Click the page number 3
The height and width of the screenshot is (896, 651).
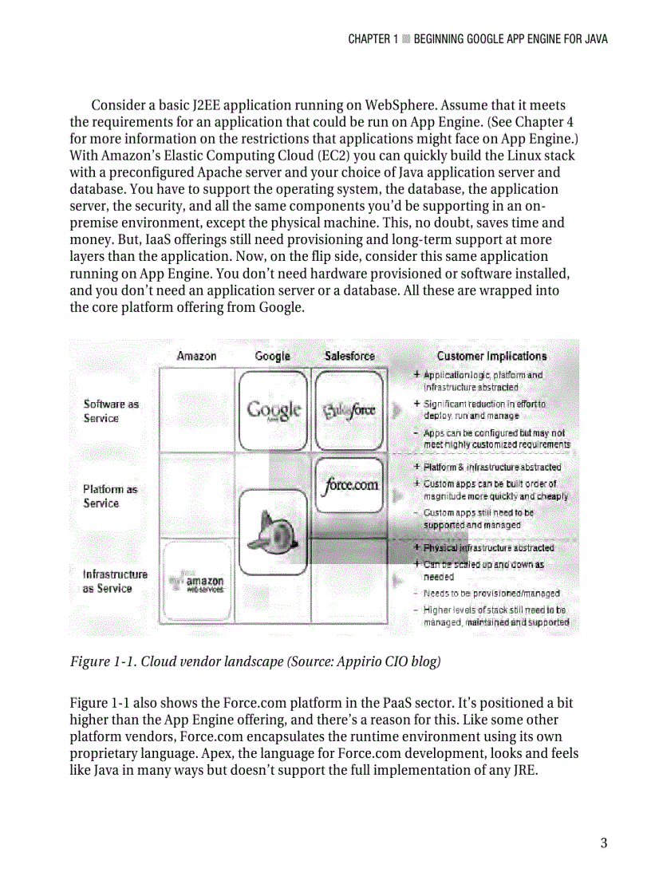(604, 843)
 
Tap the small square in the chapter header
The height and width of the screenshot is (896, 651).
(406, 39)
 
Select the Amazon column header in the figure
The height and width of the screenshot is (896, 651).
(196, 356)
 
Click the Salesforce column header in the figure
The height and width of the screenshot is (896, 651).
(349, 356)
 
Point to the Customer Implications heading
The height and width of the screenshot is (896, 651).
(491, 356)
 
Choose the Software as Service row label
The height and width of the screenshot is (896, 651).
(111, 411)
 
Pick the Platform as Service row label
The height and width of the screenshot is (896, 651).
(110, 495)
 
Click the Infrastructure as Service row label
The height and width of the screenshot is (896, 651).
(115, 581)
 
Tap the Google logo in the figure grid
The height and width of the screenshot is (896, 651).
(274, 409)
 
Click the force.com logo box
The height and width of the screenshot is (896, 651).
(350, 484)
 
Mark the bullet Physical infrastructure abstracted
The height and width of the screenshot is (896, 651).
(488, 548)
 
